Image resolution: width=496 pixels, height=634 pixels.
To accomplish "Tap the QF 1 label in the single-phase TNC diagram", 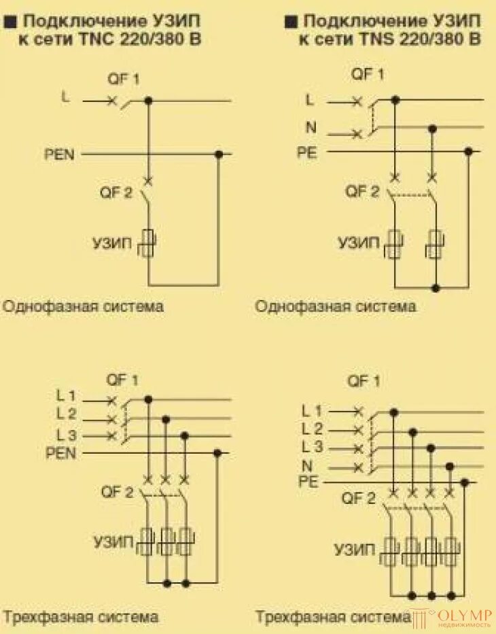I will (x=123, y=79).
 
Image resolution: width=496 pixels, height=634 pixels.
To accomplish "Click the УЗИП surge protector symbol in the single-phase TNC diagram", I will (x=149, y=243).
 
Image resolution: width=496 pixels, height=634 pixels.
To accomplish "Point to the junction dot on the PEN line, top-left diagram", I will (x=219, y=154).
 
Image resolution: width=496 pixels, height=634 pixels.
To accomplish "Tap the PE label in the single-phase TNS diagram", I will (x=306, y=152).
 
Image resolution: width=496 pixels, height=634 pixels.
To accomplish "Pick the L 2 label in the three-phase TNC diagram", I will (x=67, y=414).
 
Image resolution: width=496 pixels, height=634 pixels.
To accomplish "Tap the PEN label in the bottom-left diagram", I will (x=60, y=452).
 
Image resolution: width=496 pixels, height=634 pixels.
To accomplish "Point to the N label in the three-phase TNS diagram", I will (x=306, y=466).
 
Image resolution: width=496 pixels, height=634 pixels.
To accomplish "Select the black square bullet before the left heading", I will (x=9, y=22).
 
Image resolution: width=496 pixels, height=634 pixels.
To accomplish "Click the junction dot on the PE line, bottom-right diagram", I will (x=465, y=482).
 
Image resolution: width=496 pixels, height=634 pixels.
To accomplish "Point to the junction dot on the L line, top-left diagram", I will (x=149, y=101).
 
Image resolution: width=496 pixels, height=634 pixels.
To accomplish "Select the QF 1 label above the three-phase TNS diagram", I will (x=364, y=381).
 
